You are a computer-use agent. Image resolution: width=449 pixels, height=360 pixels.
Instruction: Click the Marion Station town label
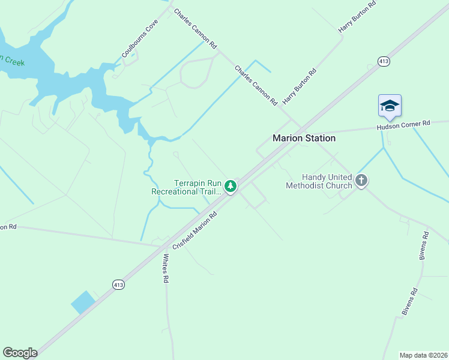(x=304, y=138)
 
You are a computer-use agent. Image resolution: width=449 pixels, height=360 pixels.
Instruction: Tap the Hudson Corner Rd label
(x=403, y=125)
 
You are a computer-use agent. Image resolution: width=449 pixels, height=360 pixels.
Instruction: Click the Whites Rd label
(x=165, y=268)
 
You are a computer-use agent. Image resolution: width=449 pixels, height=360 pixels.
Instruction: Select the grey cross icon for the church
(x=361, y=180)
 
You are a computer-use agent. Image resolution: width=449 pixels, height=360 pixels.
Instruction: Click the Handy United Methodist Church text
(x=319, y=181)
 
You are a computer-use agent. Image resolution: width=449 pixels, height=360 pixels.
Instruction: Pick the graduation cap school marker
(x=389, y=106)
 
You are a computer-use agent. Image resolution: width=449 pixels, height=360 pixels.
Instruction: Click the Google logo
(x=20, y=353)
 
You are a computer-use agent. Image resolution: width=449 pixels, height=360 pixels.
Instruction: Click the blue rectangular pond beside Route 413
(x=83, y=302)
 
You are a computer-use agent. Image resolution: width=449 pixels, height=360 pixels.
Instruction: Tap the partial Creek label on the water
(x=12, y=61)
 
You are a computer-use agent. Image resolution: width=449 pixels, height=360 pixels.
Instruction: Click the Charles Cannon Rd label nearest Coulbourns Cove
(x=195, y=28)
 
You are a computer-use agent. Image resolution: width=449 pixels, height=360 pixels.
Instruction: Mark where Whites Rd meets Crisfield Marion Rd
(x=164, y=246)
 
